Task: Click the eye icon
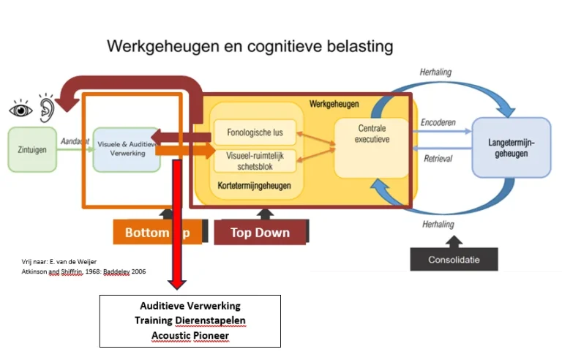pos(20,110)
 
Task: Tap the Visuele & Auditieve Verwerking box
pos(126,149)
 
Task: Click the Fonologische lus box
pos(248,133)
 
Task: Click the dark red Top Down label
pos(261,233)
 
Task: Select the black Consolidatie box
pos(454,258)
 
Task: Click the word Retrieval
pos(438,159)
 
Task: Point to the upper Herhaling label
pos(437,72)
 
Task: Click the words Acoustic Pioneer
pos(190,334)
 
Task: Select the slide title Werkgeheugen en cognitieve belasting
pos(250,46)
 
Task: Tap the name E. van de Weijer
pos(72,261)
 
